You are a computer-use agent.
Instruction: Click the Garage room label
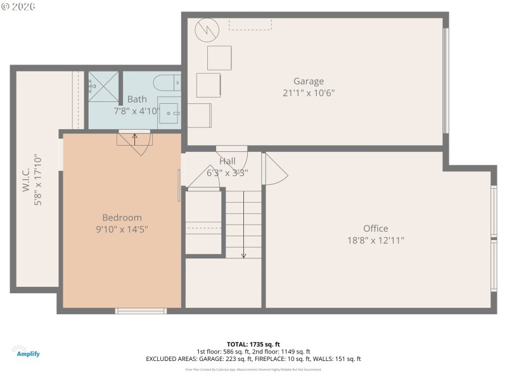coord(309,81)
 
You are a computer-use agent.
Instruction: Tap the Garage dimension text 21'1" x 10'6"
coord(309,92)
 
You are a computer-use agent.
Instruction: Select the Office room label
coord(375,229)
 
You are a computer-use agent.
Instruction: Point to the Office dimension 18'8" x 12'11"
coord(375,240)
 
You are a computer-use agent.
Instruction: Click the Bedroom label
coord(122,217)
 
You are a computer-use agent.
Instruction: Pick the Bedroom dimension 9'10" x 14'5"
coord(122,229)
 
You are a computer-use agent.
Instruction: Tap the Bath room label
coord(137,99)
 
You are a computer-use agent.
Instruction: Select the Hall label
coord(228,161)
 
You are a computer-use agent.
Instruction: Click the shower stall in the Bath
coord(103,87)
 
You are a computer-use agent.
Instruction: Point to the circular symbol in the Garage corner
coord(206,29)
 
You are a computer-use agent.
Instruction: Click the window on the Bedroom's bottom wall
coord(141,310)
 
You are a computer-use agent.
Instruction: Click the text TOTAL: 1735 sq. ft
coord(253,344)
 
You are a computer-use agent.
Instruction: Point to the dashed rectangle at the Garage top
coord(250,24)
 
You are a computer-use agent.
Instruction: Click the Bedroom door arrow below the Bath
coord(134,137)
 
